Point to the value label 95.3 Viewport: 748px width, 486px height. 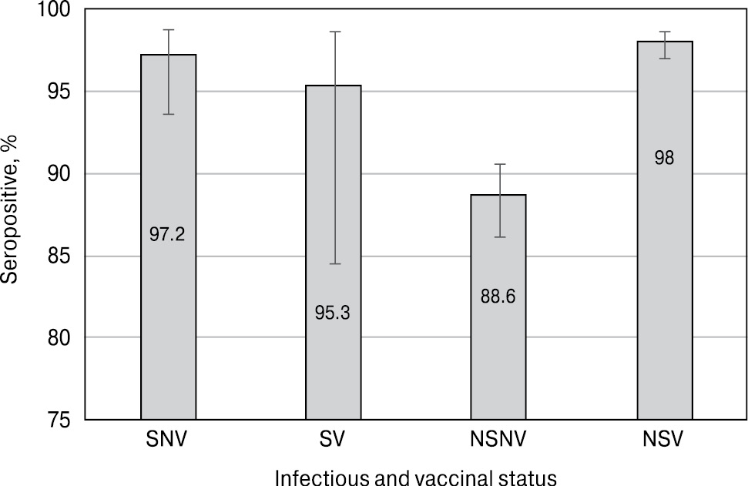(x=333, y=313)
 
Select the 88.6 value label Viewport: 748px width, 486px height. (x=499, y=295)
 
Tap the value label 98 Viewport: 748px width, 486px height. (x=665, y=159)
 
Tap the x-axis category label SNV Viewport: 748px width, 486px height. (x=167, y=441)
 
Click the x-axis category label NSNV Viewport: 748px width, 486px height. (x=499, y=441)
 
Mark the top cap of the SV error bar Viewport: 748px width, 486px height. (x=334, y=32)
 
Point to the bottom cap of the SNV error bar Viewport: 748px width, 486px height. (x=168, y=114)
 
